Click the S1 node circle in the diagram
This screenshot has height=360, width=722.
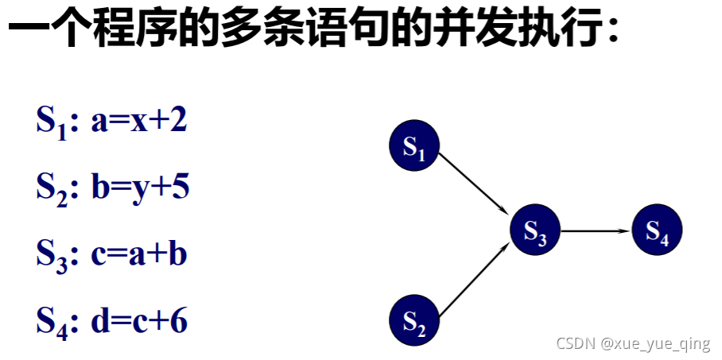coord(414,145)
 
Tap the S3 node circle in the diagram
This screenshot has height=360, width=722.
coord(535,230)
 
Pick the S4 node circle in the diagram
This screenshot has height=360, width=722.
coord(657,230)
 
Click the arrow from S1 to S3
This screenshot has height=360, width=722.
coord(474,183)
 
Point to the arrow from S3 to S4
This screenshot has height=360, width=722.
coord(596,230)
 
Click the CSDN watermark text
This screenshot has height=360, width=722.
coord(576,344)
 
